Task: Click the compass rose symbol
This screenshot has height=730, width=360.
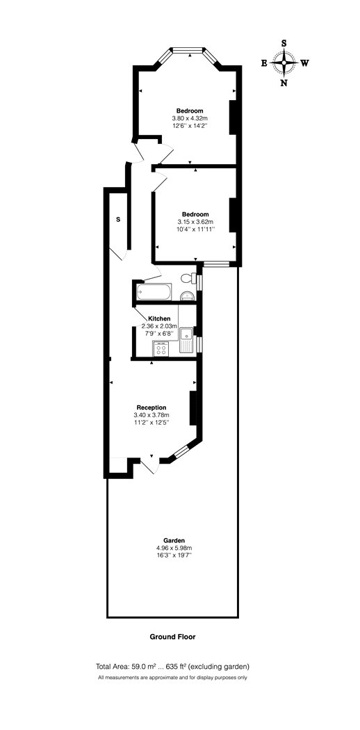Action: pyautogui.click(x=284, y=63)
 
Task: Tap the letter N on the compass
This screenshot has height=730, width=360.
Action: pyautogui.click(x=284, y=83)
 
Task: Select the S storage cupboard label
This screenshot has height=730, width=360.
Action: pyautogui.click(x=118, y=219)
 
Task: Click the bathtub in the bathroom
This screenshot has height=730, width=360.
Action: pyautogui.click(x=154, y=292)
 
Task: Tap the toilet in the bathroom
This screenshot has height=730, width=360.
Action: pyautogui.click(x=188, y=278)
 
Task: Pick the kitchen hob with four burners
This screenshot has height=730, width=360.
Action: pyautogui.click(x=161, y=349)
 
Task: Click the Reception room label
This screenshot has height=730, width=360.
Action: pyautogui.click(x=152, y=407)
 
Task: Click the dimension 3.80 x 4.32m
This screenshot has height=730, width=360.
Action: pyautogui.click(x=189, y=118)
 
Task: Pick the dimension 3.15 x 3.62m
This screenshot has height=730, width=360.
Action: pyautogui.click(x=195, y=222)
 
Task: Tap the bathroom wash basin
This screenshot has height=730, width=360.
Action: pyautogui.click(x=188, y=295)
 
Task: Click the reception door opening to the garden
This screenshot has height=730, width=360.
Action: pyautogui.click(x=151, y=464)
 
